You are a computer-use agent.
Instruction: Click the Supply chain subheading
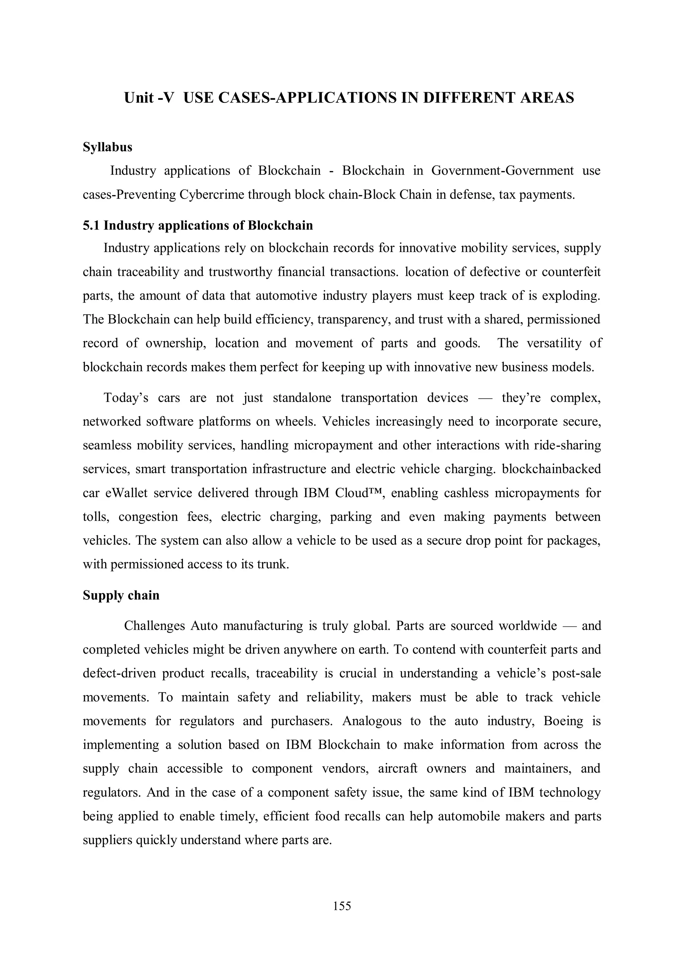coord(121,595)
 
